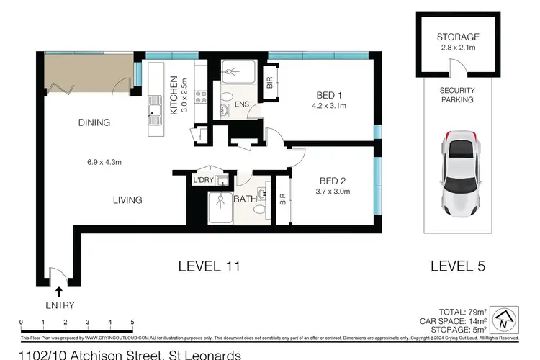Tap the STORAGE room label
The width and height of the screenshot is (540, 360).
[458, 37]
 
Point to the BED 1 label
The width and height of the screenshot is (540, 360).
[328, 94]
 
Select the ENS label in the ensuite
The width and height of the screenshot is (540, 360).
[242, 104]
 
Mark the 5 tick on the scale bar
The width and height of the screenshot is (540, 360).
[132, 322]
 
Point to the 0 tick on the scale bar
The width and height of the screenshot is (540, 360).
[22, 322]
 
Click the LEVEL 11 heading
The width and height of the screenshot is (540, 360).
[209, 266]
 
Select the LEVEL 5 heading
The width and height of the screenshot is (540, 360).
[457, 266]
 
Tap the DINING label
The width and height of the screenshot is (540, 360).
[94, 122]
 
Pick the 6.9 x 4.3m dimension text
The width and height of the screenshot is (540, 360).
[99, 162]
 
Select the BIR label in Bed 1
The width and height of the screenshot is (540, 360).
[270, 84]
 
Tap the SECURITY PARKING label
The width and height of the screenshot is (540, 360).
[457, 95]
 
